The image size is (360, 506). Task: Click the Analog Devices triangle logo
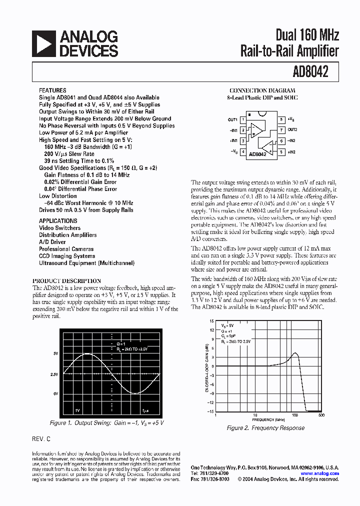43,43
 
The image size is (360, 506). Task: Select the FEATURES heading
52,90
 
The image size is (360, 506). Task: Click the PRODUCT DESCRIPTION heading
66,281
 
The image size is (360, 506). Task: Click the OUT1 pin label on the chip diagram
232,120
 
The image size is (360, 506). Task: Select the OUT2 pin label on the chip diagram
291,129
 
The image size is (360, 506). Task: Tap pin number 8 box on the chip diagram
281,119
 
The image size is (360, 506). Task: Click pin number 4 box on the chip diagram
243,151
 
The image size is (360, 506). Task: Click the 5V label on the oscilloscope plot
56,354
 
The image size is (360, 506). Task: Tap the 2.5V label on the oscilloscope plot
54,374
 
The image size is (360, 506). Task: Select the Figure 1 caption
107,423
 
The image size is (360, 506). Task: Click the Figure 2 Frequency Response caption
265,428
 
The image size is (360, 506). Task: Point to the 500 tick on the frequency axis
321,415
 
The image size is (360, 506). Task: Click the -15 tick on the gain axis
211,411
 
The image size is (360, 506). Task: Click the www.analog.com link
319,473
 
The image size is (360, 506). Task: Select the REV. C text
41,439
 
